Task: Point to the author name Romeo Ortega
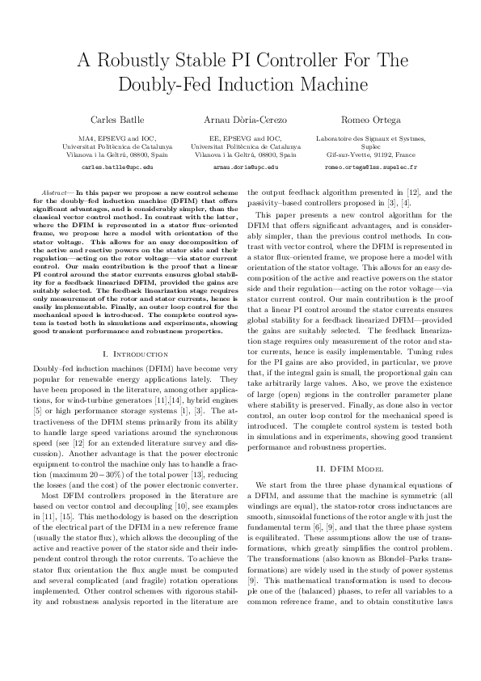[369, 121]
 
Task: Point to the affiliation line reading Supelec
[369, 146]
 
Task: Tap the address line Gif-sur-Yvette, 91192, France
[369, 154]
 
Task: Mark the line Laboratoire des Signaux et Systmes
[369, 139]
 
